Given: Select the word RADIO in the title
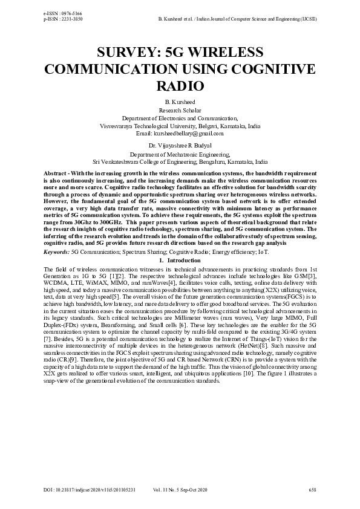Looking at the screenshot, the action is point(180,86).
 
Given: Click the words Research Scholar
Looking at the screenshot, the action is point(180,111).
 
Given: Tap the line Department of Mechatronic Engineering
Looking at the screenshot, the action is point(180,155).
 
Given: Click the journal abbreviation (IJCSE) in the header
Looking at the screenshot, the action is point(307,19).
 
